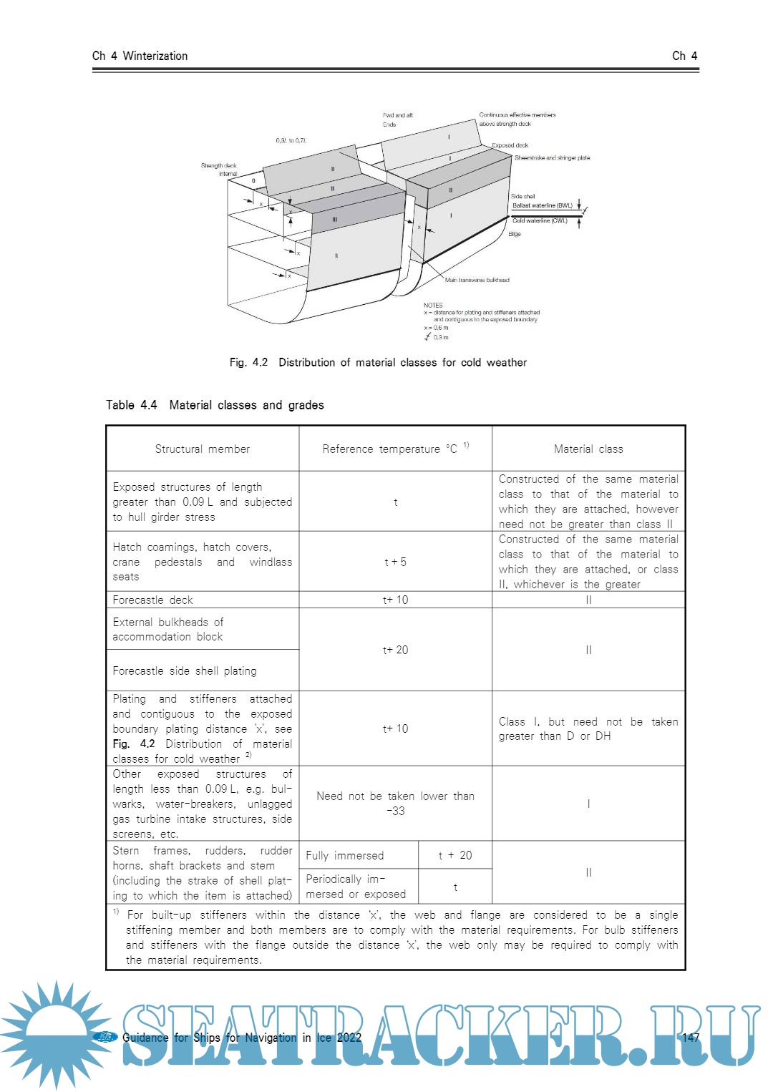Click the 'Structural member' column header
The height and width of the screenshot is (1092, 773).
coord(203,449)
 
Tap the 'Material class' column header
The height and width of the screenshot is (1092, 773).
coord(588,449)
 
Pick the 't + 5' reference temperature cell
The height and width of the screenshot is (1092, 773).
coord(395,562)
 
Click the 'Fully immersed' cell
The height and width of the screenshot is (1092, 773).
coord(345,855)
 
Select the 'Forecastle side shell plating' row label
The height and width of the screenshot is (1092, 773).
coord(185,671)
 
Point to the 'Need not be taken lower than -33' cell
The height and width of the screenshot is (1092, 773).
coord(395,803)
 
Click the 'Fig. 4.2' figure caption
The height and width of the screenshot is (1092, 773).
coord(378,363)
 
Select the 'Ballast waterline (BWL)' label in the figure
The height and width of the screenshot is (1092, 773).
coord(542,205)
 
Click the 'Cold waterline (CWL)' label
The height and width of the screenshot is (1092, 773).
coord(540,221)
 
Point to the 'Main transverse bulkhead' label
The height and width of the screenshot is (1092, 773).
coord(477,280)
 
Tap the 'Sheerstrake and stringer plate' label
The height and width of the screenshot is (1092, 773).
coord(552,158)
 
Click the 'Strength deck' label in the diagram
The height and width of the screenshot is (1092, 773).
coord(218,165)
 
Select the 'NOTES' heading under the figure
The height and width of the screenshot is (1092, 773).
coord(433,305)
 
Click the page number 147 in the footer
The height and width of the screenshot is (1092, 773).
coord(691,1038)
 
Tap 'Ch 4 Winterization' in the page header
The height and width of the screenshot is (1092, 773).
coord(140,56)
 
